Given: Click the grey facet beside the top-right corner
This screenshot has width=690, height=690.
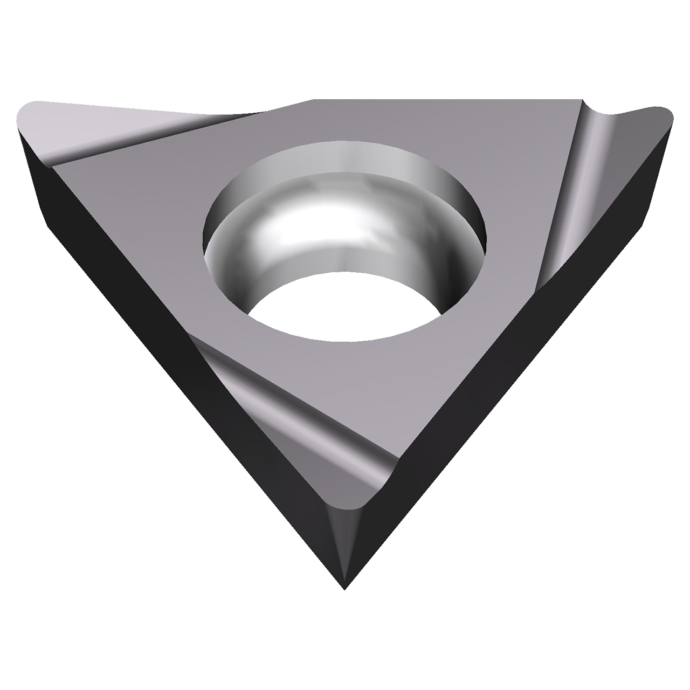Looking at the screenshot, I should point(636,146).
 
